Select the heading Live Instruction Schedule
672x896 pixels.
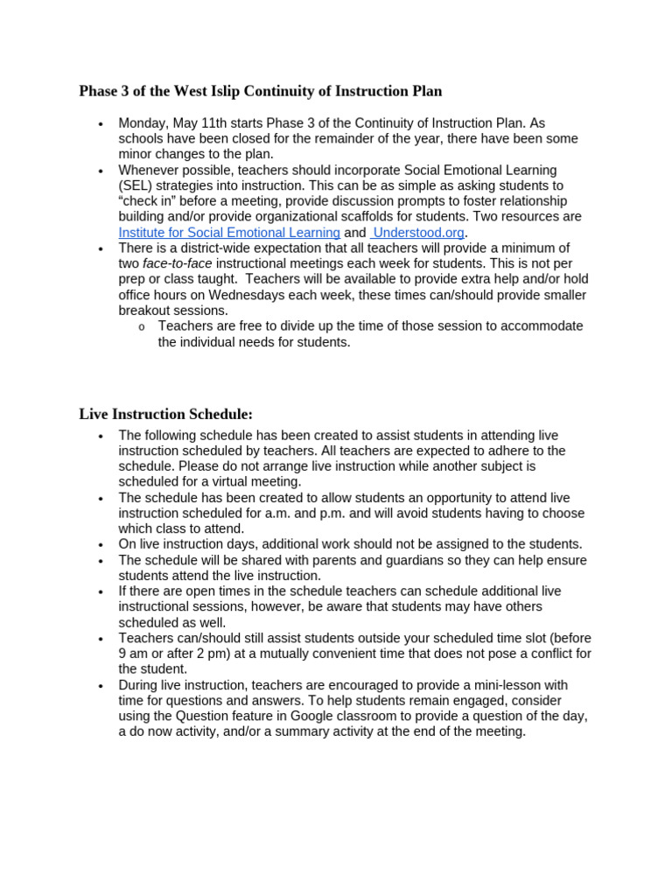click(x=165, y=414)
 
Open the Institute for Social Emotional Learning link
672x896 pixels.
click(x=229, y=232)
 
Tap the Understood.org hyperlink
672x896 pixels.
click(x=417, y=232)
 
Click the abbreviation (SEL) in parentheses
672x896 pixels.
click(x=136, y=185)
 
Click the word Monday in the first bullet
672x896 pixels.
click(x=143, y=123)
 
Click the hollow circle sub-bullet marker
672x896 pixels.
click(x=141, y=326)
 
